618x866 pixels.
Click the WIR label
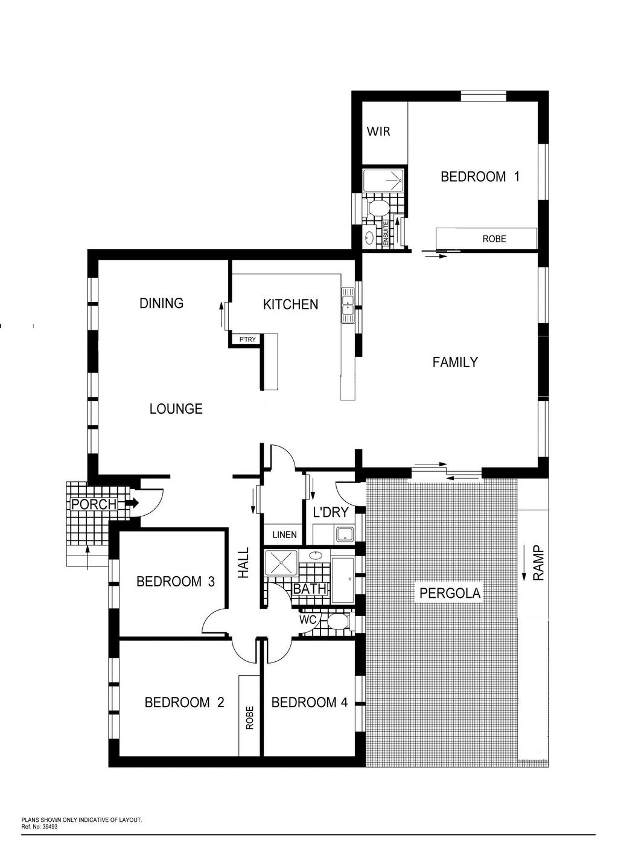378,132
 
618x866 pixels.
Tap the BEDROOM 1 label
480,177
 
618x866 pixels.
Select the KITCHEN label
290,304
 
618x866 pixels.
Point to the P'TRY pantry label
247,339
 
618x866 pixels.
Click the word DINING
162,303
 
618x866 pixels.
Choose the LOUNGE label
176,409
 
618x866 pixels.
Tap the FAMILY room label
455,362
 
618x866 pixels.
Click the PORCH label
94,504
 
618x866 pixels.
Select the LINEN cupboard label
285,534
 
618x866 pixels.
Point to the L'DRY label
331,512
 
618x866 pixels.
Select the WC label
308,620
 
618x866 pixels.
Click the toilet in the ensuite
377,209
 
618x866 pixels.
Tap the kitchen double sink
347,305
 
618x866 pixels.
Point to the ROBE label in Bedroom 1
494,239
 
